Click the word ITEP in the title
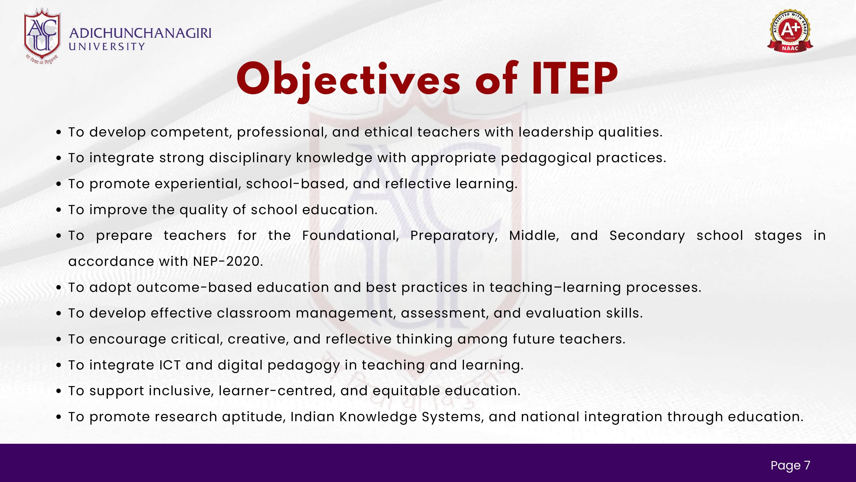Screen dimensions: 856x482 [575, 79]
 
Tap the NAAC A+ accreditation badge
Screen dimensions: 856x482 [790, 31]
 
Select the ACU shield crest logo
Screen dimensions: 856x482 [42, 36]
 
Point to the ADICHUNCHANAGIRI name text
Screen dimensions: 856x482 [140, 33]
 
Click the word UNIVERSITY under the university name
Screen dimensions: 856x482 [107, 47]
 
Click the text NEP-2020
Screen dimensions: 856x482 [228, 262]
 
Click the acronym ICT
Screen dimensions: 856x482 [169, 365]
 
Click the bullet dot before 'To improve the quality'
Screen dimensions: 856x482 [59, 210]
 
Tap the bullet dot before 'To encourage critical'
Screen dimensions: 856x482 [59, 340]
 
